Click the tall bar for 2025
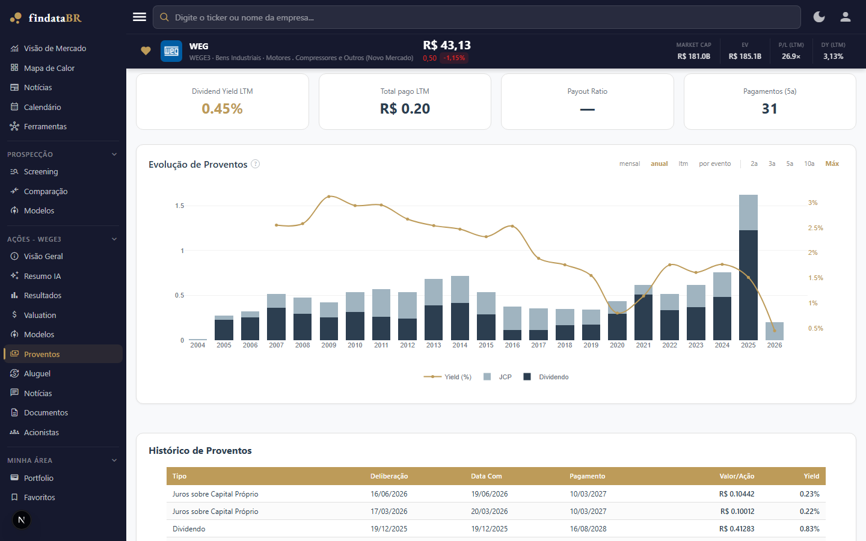pyautogui.click(x=748, y=267)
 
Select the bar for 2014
pyautogui.click(x=459, y=308)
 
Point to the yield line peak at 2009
pyautogui.click(x=329, y=197)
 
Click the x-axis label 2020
pyautogui.click(x=617, y=345)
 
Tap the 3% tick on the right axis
pyautogui.click(x=812, y=203)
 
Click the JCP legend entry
pyautogui.click(x=497, y=377)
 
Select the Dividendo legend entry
pyautogui.click(x=546, y=377)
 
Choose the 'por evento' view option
pyautogui.click(x=715, y=164)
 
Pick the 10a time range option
pyautogui.click(x=809, y=164)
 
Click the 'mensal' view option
pyautogui.click(x=630, y=164)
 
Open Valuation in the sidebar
pyautogui.click(x=40, y=315)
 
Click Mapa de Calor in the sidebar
pyautogui.click(x=49, y=68)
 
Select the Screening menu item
pyautogui.click(x=41, y=171)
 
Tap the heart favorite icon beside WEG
pyautogui.click(x=146, y=50)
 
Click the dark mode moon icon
pyautogui.click(x=819, y=17)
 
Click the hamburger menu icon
pyautogui.click(x=139, y=17)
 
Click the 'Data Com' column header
pyautogui.click(x=487, y=476)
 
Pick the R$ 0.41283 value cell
pyautogui.click(x=737, y=528)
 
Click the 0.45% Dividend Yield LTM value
pyautogui.click(x=223, y=109)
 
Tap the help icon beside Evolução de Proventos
pyautogui.click(x=255, y=164)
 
